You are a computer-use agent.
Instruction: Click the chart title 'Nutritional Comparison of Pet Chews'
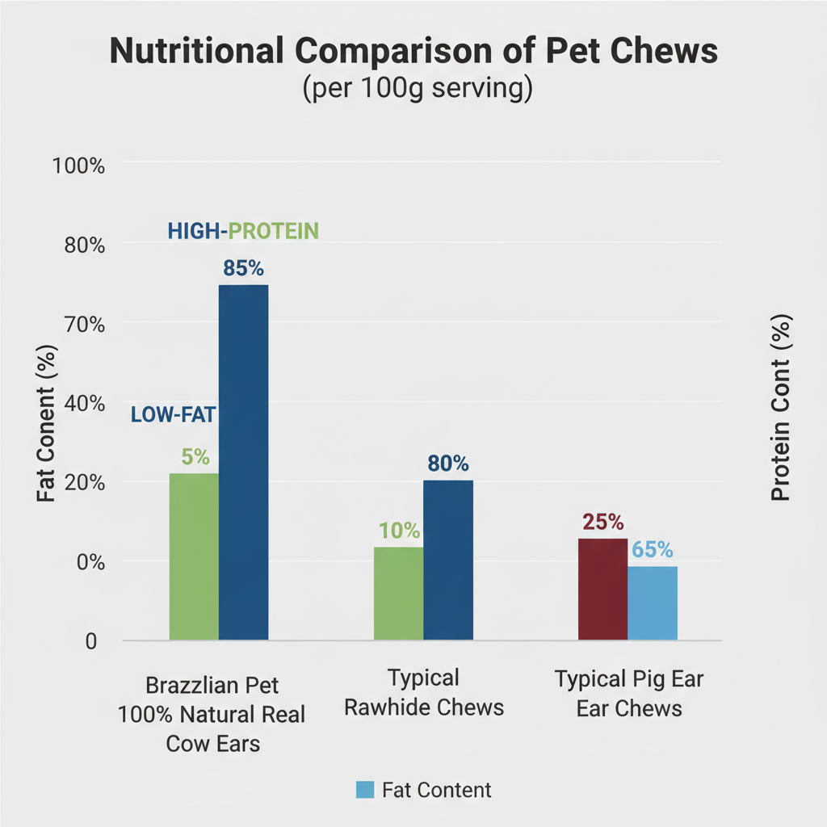click(x=413, y=51)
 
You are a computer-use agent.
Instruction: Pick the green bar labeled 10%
click(x=398, y=594)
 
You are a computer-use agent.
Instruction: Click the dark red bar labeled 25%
click(x=602, y=589)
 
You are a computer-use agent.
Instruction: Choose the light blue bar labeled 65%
click(x=653, y=602)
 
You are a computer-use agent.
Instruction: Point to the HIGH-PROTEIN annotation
click(x=243, y=232)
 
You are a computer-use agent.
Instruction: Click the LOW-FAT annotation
click(x=174, y=415)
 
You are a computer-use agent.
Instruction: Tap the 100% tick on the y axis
click(x=78, y=166)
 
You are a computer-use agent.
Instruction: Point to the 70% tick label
click(x=84, y=325)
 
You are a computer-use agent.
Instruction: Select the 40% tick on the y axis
click(x=84, y=404)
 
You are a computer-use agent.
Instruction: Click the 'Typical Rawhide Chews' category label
click(x=424, y=692)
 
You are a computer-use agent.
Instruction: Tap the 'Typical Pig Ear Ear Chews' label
click(x=629, y=694)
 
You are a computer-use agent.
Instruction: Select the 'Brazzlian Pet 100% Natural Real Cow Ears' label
click(x=212, y=715)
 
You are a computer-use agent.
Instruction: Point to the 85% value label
click(x=243, y=269)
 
